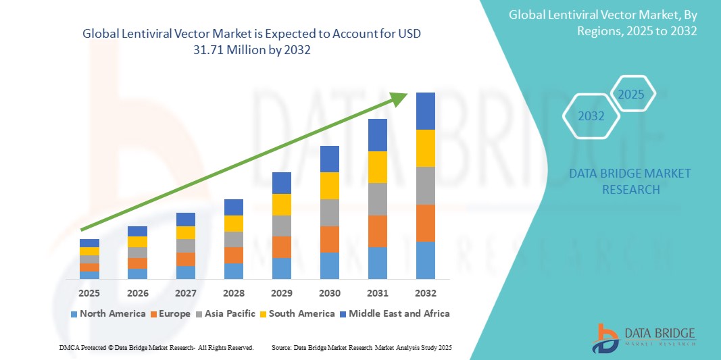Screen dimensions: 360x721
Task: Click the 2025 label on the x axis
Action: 89,293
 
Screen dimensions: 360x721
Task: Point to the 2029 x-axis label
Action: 282,293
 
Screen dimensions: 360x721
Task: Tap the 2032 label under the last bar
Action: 426,293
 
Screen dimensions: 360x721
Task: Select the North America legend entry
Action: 107,313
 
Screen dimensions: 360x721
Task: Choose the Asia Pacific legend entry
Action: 226,313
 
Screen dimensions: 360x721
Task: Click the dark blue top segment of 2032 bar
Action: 426,111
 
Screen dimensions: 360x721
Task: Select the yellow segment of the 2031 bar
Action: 378,167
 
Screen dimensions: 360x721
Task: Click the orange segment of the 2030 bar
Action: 330,239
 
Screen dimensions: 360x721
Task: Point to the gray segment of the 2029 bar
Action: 282,226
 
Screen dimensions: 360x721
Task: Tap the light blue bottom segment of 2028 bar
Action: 234,271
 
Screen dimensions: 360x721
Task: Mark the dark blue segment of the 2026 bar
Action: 137,231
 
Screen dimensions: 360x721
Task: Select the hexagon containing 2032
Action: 591,116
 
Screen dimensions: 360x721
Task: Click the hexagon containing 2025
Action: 632,94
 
